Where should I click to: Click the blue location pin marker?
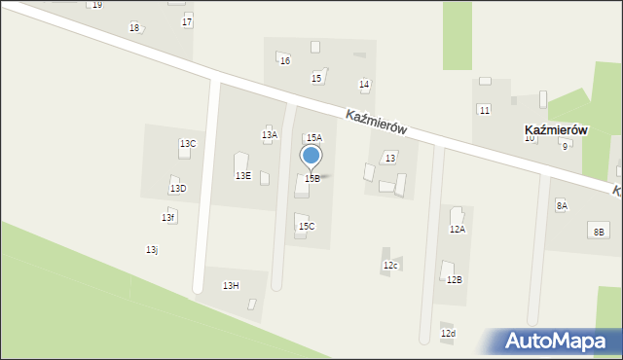coord(311,157)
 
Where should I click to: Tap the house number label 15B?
coord(311,179)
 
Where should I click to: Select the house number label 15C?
coord(307,227)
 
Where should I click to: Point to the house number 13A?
coord(269,135)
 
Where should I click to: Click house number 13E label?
coord(243,176)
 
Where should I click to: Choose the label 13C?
coord(188,144)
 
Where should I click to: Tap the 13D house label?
coord(178,189)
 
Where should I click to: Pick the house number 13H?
coord(231,286)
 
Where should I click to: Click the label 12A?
coord(457,230)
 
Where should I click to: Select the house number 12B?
coord(454,280)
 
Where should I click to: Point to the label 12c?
coord(390,266)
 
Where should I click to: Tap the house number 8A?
coord(562,206)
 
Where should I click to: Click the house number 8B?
coord(599,232)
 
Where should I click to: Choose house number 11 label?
coord(484,110)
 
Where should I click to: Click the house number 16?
coord(285,61)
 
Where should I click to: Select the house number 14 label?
coord(364,86)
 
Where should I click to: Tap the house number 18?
coord(134,27)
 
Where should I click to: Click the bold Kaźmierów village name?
coord(556,129)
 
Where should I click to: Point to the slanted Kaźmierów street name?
coord(376,122)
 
